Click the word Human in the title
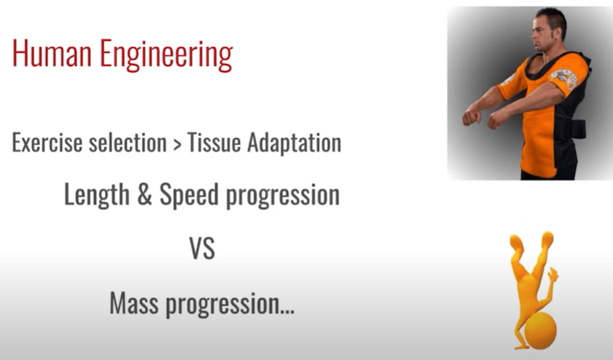tap(52, 53)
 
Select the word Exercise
tap(47, 142)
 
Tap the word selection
tap(127, 142)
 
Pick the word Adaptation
tap(294, 143)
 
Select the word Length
tap(97, 195)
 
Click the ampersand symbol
tap(144, 195)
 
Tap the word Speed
tap(189, 195)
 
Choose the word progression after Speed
tap(283, 196)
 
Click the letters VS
tap(202, 248)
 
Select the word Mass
tap(134, 303)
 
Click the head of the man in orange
tap(549, 30)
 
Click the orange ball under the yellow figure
tap(540, 331)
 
